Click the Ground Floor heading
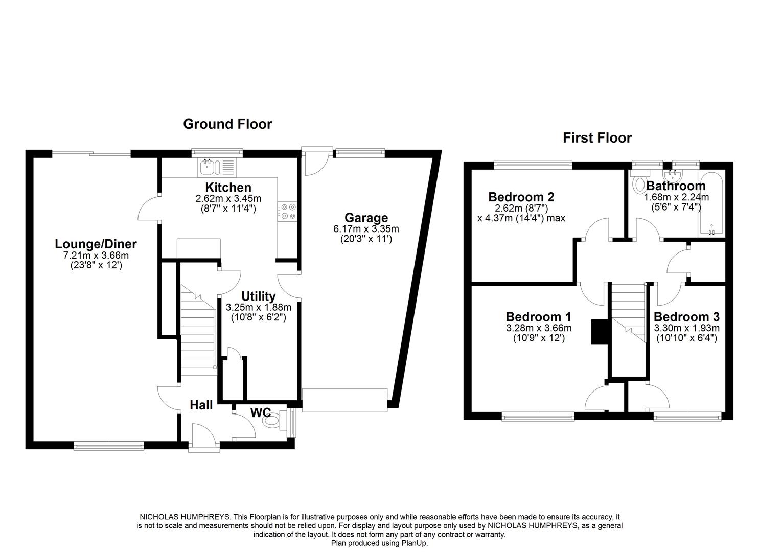click(227, 124)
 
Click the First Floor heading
click(597, 137)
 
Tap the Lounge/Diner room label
click(96, 244)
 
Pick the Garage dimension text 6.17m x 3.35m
click(365, 229)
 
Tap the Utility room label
click(258, 296)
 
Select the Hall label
click(201, 405)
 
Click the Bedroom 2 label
click(521, 197)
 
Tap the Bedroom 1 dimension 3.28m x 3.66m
click(539, 328)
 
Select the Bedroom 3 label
click(686, 316)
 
